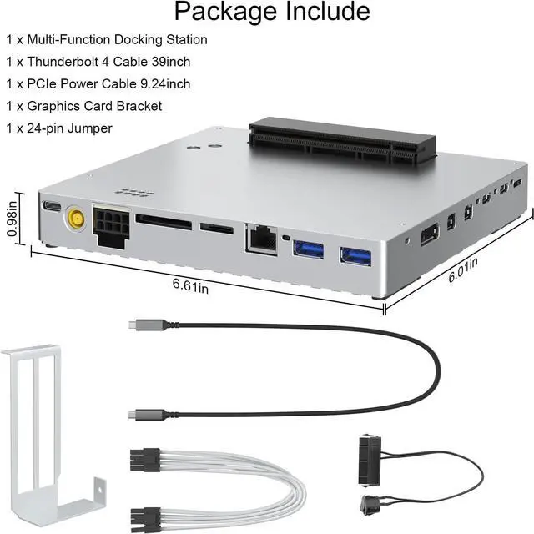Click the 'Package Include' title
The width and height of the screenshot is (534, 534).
pos(271,13)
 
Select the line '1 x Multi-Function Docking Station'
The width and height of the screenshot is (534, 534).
pos(107,39)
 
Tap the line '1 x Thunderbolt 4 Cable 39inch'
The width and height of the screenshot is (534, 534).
pos(99,62)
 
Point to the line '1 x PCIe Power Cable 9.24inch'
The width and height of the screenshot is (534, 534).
pos(98,83)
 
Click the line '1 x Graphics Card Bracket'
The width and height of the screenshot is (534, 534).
pos(83,106)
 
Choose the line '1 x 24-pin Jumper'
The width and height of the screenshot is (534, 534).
pos(58,128)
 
